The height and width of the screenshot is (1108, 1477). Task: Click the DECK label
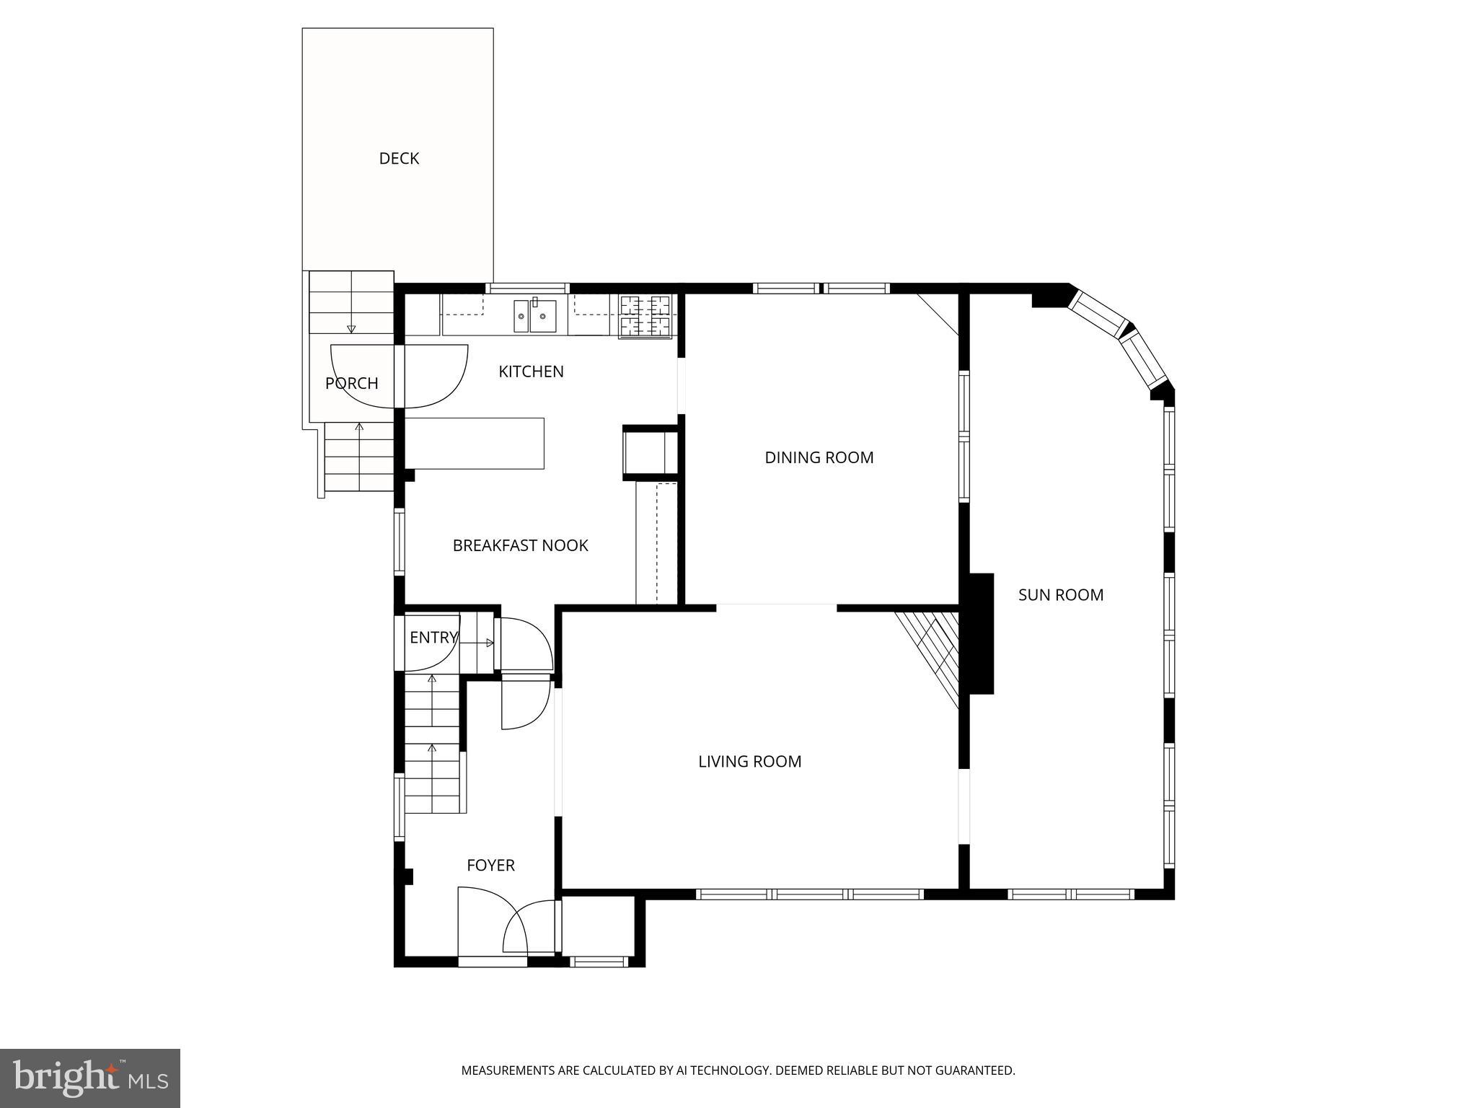[399, 159]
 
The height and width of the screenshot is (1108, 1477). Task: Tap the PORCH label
[351, 383]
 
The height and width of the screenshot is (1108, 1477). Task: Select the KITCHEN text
[531, 371]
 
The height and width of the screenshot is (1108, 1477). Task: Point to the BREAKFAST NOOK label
[520, 545]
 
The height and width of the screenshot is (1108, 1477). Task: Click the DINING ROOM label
[819, 457]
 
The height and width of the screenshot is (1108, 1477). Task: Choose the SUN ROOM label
[1060, 595]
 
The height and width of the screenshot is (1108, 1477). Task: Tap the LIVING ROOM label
[749, 762]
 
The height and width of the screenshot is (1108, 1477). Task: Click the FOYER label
[490, 865]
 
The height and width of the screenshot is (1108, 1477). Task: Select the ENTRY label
[433, 638]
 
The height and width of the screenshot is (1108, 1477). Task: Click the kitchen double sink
[534, 316]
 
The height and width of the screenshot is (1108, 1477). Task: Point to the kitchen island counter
[474, 443]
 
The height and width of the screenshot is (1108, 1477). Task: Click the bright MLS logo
[90, 1078]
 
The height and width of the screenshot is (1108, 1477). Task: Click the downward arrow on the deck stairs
[351, 328]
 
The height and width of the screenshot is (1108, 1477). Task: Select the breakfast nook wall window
[399, 541]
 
